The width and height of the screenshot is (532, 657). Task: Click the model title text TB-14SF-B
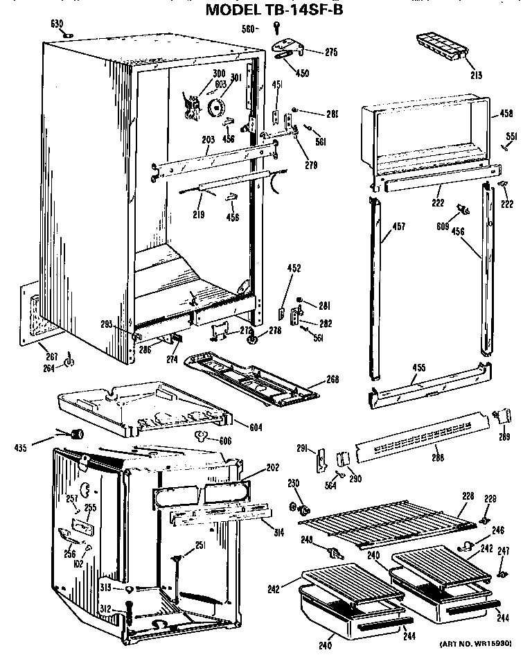click(274, 9)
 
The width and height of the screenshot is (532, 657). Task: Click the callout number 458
click(507, 113)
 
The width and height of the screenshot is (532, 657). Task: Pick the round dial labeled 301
click(217, 106)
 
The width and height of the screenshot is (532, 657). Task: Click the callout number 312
click(104, 608)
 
